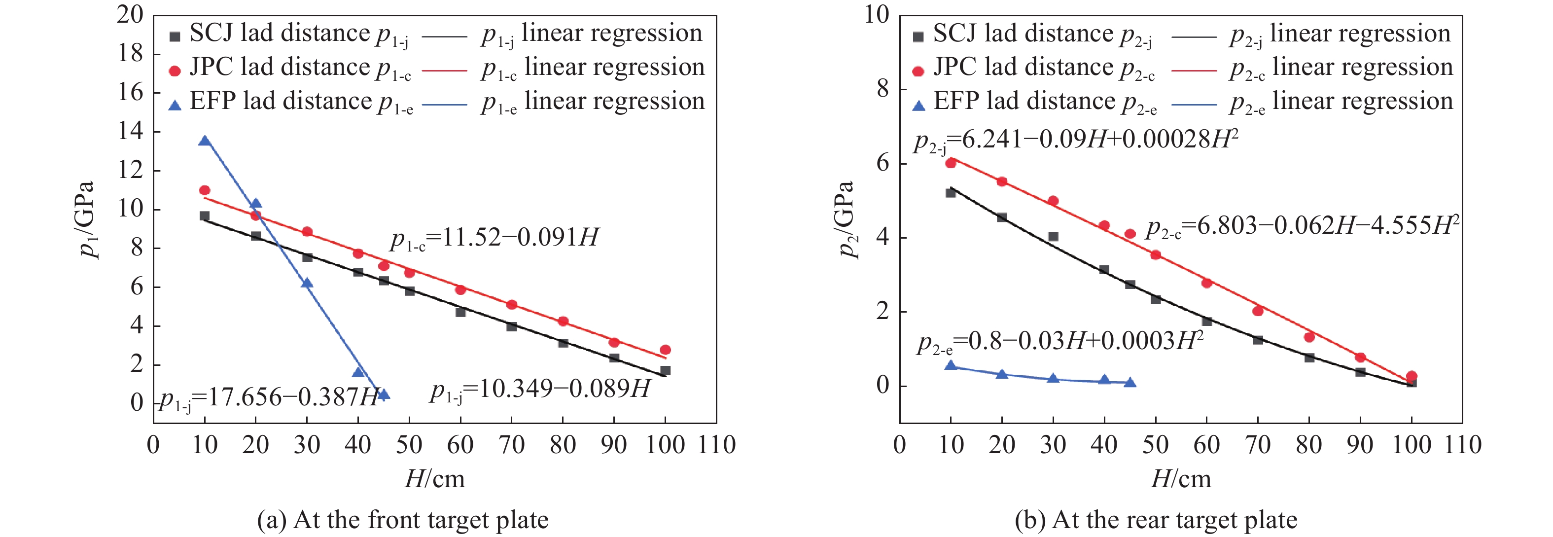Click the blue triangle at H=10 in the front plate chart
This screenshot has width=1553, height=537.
coord(205,141)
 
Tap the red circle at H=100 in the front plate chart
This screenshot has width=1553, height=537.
coord(665,350)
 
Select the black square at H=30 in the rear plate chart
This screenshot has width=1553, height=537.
coord(1053,237)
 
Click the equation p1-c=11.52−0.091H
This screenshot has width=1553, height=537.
coord(494,239)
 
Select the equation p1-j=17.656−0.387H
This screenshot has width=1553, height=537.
coord(269,398)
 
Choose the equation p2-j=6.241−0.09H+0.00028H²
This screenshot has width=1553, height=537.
coord(1076,141)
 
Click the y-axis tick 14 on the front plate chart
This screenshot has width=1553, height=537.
coord(131,131)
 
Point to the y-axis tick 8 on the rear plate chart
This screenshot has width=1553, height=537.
coord(883,89)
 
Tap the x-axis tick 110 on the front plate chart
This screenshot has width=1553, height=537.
coord(716,445)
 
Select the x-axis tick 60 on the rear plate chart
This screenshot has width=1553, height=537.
coord(1206,445)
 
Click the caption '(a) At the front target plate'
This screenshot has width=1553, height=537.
coord(403,520)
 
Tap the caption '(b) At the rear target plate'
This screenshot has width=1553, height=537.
coord(1156,520)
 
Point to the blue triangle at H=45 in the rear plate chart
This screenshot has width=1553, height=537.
coord(1130,383)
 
